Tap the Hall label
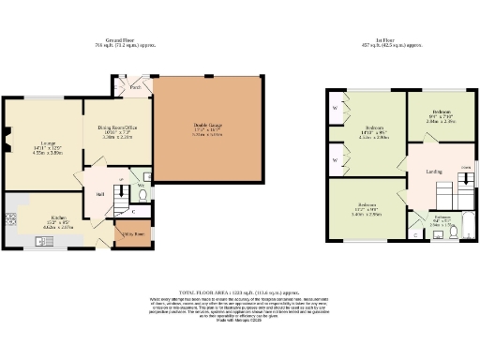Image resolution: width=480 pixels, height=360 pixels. [99, 195]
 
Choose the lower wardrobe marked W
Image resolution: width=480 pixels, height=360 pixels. [336, 160]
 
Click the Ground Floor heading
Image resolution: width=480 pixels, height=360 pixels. [124, 39]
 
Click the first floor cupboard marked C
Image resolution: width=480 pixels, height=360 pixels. [416, 234]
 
